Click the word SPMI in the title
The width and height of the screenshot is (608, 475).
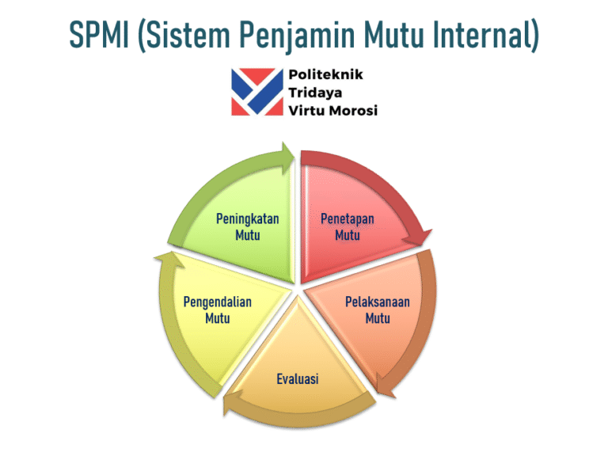[x=99, y=34]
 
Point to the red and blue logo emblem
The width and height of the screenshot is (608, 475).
[x=257, y=92]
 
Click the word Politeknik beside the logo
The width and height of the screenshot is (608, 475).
[x=325, y=74]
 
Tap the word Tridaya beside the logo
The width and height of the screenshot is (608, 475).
[x=315, y=93]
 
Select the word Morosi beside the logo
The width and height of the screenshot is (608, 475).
[x=354, y=111]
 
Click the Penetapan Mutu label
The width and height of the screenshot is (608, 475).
[x=348, y=227]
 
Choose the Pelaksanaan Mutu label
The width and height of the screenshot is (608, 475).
[x=378, y=310]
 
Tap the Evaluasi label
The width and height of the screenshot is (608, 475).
[x=298, y=379]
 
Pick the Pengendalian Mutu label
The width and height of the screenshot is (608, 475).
[x=218, y=310]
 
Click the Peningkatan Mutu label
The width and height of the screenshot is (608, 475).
[x=247, y=227]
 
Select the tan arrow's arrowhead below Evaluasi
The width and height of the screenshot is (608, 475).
[x=230, y=403]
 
